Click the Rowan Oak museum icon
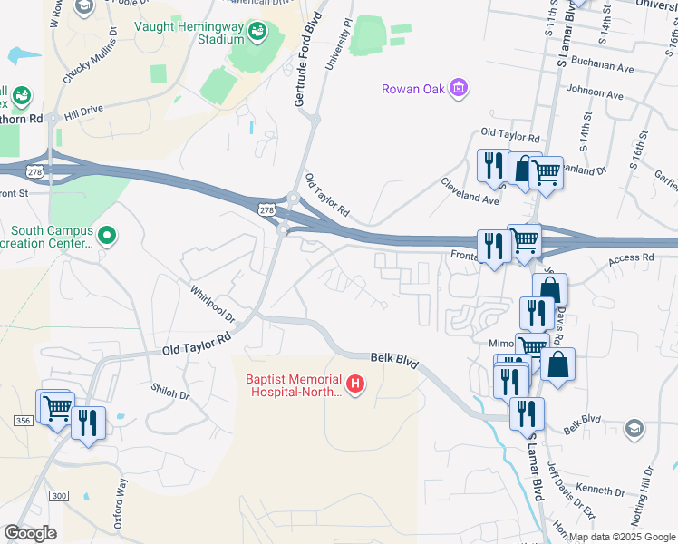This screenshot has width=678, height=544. pyautogui.click(x=460, y=88)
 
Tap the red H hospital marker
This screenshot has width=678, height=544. pyautogui.click(x=356, y=385)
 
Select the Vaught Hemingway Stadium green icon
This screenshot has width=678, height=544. pyautogui.click(x=257, y=32)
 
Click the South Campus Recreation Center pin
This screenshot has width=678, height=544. pyautogui.click(x=108, y=237)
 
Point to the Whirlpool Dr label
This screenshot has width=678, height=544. pyautogui.click(x=212, y=306)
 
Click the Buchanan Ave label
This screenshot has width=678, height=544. pyautogui.click(x=599, y=67)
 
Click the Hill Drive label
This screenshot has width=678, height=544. pyautogui.click(x=84, y=111)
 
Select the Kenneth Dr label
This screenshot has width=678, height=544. pyautogui.click(x=596, y=490)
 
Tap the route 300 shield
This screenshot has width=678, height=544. pyautogui.click(x=59, y=495)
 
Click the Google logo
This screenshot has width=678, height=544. pyautogui.click(x=29, y=533)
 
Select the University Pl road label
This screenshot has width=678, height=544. pyautogui.click(x=338, y=45)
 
